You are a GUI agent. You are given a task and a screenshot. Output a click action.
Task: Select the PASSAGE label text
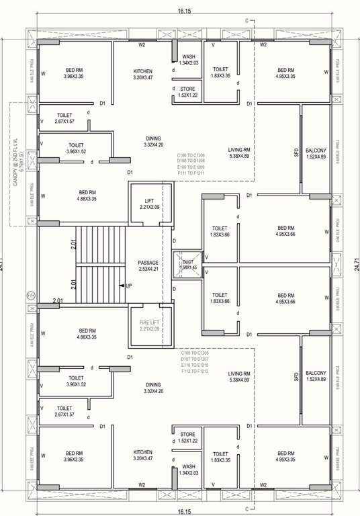pyautogui.click(x=147, y=263)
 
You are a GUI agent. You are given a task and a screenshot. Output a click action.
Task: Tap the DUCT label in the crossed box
pyautogui.click(x=187, y=261)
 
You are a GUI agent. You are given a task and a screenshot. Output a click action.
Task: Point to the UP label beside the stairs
pyautogui.click(x=129, y=286)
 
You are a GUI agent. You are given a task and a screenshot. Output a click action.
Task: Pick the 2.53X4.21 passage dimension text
pyautogui.click(x=147, y=269)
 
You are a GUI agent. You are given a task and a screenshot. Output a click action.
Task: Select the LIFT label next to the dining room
pyautogui.click(x=149, y=201)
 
